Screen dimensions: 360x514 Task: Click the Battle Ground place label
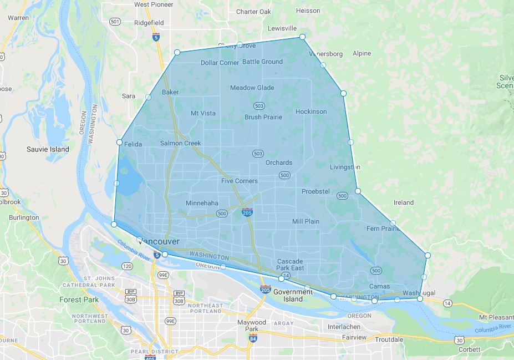pos(262,62)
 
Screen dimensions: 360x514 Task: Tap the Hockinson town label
pos(311,111)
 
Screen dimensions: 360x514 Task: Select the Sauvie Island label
pos(48,149)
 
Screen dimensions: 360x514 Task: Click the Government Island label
pos(293,296)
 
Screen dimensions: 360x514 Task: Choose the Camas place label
pos(379,287)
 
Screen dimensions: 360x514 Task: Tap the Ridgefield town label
pos(149,23)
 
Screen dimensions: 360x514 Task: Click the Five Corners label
pos(240,181)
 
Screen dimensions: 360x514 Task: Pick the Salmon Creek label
pos(180,143)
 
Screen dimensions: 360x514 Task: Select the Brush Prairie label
pos(263,117)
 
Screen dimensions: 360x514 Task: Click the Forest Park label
pos(79,300)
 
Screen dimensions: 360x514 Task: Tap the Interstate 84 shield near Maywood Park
pos(252,338)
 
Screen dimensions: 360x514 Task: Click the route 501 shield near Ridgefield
pos(115,22)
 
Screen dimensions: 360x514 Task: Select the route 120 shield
pos(128,266)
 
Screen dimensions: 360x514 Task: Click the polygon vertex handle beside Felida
pos(119,143)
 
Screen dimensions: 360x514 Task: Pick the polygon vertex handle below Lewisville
pos(303,37)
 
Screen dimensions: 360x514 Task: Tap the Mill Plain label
pos(306,221)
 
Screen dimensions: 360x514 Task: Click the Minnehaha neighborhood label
pos(202,203)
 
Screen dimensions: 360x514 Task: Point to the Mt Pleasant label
pos(495,317)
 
